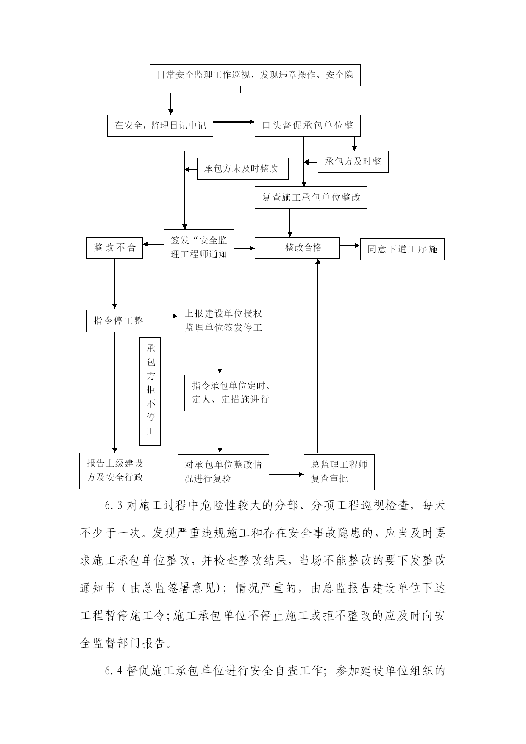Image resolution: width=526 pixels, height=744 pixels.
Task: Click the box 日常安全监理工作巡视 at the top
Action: (255, 75)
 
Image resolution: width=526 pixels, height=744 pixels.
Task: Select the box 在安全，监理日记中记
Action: (160, 125)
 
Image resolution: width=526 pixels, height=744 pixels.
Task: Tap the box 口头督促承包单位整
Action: (307, 125)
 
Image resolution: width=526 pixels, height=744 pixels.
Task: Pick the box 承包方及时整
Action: (353, 161)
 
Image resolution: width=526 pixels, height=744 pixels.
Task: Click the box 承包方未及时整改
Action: (243, 168)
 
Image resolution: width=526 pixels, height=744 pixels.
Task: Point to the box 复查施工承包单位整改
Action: (311, 197)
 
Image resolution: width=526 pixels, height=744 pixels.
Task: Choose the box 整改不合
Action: (114, 247)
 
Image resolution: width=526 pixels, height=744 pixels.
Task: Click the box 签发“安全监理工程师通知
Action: (199, 248)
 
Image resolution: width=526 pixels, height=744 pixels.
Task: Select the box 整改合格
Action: (297, 248)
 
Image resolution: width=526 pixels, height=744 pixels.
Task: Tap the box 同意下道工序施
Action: (402, 249)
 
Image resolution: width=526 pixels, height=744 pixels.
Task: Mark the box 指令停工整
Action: (118, 321)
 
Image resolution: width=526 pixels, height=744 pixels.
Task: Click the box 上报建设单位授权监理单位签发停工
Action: (223, 321)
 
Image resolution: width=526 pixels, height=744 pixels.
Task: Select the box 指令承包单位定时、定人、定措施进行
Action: (230, 393)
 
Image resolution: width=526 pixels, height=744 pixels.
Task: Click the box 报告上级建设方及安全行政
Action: (115, 471)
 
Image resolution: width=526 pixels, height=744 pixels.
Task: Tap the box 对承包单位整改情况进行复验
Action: (223, 472)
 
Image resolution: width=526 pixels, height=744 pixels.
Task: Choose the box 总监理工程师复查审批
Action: (339, 472)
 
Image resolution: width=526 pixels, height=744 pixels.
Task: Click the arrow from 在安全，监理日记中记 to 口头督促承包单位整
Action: (234, 122)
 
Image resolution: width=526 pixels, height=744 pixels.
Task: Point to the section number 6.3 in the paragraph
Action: (114, 506)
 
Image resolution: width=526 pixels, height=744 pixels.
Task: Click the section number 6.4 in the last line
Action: (114, 671)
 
